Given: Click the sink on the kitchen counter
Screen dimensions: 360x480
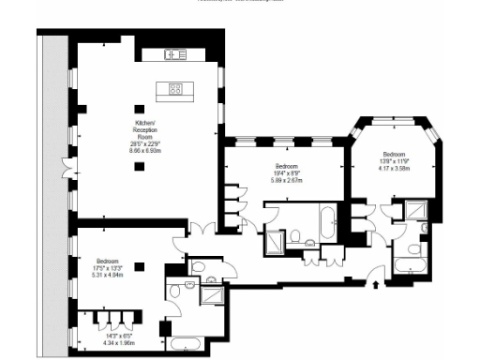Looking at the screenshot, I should coord(175,53).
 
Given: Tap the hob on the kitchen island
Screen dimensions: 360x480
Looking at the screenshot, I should coord(175,89).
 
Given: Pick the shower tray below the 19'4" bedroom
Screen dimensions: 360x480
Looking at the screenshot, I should coord(277,241).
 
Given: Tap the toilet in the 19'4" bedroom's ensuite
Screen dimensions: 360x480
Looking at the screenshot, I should coord(295,235).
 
